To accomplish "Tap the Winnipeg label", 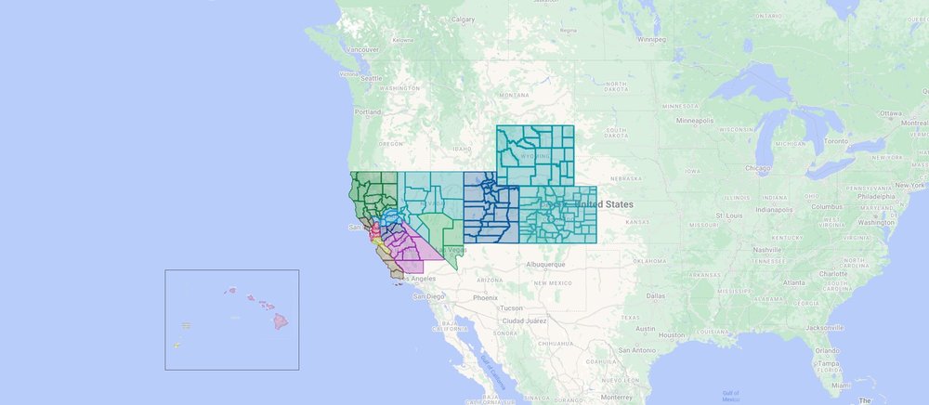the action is tap(650, 40).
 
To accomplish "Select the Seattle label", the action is tap(372, 79).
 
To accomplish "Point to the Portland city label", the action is tap(367, 111).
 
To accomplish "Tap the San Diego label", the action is tap(429, 296).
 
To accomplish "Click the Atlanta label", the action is tap(792, 282).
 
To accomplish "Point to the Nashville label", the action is tap(768, 250).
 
